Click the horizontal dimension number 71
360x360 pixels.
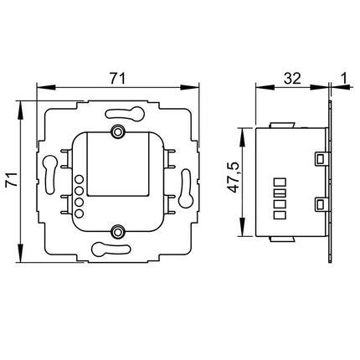click(117, 78)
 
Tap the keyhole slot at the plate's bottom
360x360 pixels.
click(117, 247)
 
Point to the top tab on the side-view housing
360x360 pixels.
click(284, 122)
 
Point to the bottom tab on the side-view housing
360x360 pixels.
click(284, 237)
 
